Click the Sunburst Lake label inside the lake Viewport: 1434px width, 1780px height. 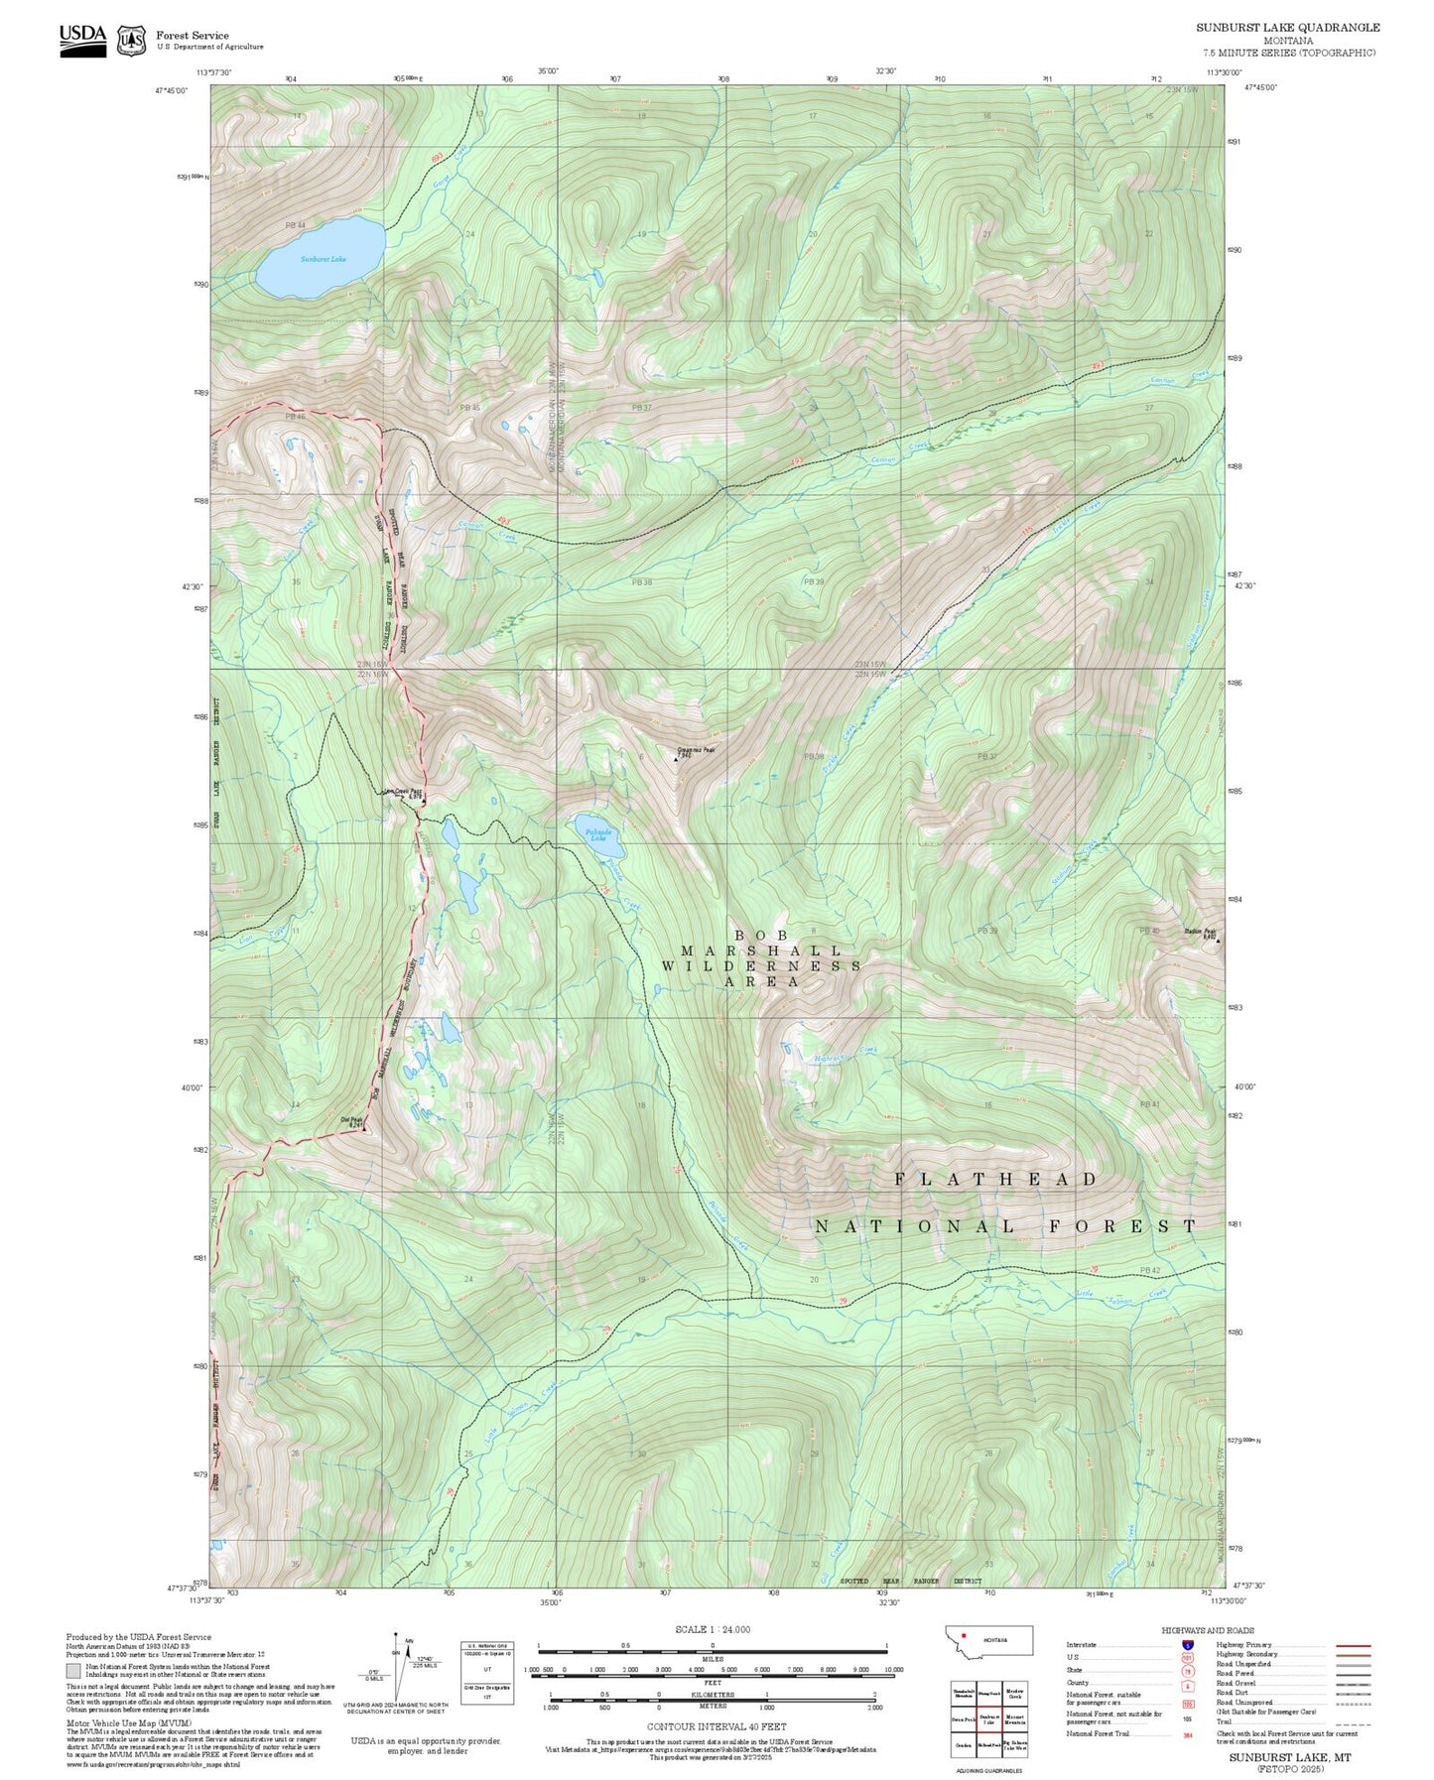pos(324,259)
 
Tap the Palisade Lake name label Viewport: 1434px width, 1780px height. pos(598,835)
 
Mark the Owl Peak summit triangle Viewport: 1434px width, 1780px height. pos(364,1128)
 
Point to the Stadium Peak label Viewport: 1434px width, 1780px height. pos(1200,933)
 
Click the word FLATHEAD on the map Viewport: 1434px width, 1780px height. pos(995,1179)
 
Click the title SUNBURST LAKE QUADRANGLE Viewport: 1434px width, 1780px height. pos(1287,27)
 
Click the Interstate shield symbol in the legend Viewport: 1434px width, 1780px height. pos(1188,1644)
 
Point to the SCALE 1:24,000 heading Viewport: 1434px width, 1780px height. pos(713,1629)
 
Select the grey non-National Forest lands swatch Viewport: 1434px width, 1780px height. pos(73,1670)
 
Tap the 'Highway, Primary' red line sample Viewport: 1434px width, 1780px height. pos(1354,1645)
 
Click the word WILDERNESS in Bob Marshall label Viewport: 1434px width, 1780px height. pos(761,965)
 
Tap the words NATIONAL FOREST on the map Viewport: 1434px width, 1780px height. pos(1006,1226)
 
